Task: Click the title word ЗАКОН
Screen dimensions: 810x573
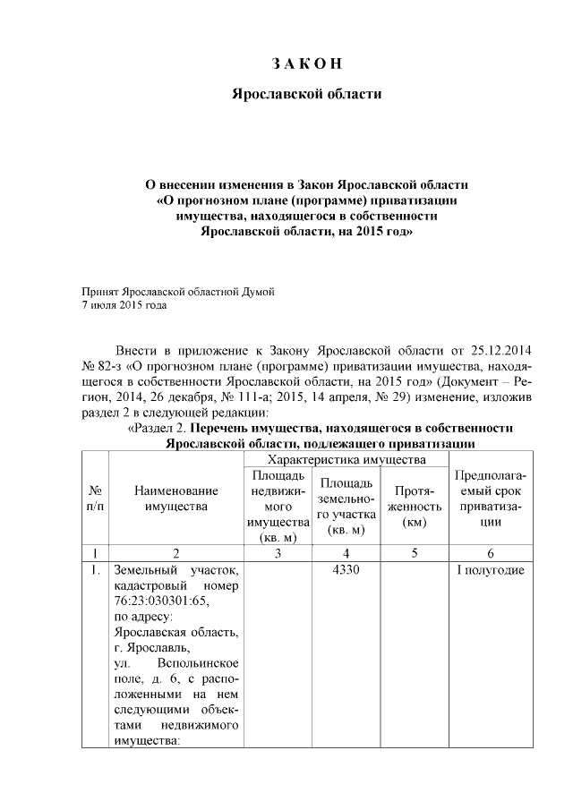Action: coord(307,63)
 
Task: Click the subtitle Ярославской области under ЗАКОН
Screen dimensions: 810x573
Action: coord(307,93)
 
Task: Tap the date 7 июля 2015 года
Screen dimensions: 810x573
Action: coord(124,304)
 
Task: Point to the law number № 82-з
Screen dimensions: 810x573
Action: coord(102,365)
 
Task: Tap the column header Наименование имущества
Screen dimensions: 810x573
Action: coord(175,499)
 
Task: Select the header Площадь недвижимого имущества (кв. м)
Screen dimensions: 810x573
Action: coord(277,506)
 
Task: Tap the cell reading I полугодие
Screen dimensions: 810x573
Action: coord(490,570)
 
